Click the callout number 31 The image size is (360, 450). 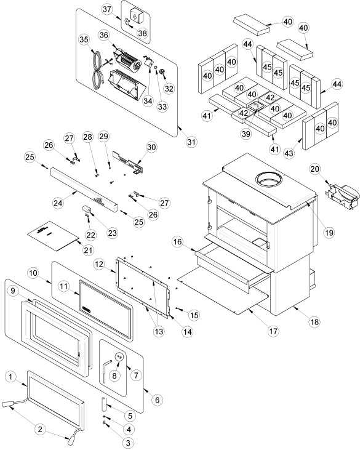pos(191,142)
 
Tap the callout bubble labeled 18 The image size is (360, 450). pos(314,322)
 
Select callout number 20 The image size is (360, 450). pos(314,169)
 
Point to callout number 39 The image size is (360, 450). pos(246,134)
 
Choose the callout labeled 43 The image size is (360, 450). pos(289,153)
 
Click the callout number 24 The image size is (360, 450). pos(58,203)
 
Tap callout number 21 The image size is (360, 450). pos(88,251)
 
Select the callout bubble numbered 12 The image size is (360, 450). pos(99,264)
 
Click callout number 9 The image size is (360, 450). pos(13,291)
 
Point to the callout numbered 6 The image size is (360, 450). pos(157,400)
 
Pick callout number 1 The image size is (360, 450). pos(11,377)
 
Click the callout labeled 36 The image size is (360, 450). pos(104,35)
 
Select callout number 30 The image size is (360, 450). pos(152,147)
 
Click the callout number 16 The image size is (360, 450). pos(178,242)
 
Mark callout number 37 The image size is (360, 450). pos(106,9)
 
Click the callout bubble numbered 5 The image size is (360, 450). pos(130,416)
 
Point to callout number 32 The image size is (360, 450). pos(169,89)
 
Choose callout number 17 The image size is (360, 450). pos(273,331)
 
